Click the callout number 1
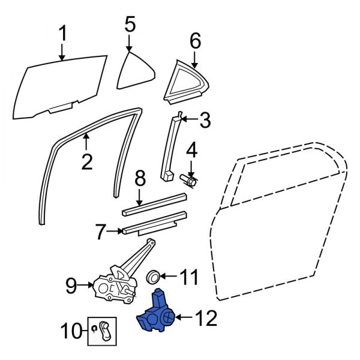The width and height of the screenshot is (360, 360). pyautogui.click(x=62, y=35)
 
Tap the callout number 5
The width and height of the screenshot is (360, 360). pyautogui.click(x=130, y=25)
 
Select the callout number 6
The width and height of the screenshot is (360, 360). pyautogui.click(x=195, y=41)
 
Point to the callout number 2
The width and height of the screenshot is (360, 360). pyautogui.click(x=87, y=161)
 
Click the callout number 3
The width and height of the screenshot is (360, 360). pyautogui.click(x=205, y=121)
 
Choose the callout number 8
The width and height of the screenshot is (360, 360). pyautogui.click(x=140, y=178)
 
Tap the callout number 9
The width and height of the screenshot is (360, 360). pyautogui.click(x=71, y=286)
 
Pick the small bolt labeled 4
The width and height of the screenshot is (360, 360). pyautogui.click(x=190, y=180)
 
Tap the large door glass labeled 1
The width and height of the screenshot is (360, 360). pyautogui.click(x=60, y=84)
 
